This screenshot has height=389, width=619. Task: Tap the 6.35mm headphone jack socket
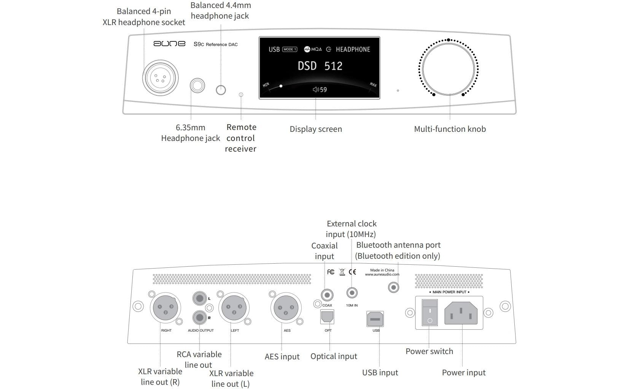[x=197, y=85]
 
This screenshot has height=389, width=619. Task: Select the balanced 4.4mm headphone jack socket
[x=221, y=90]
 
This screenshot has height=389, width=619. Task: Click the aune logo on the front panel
[x=169, y=44]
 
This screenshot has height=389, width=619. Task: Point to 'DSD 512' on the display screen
[x=320, y=66]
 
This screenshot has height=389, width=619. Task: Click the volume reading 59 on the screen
[x=320, y=90]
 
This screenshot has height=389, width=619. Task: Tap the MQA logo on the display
[x=313, y=49]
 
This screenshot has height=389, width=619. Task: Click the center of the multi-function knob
[x=449, y=68]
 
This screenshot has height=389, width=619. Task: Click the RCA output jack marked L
[x=199, y=298]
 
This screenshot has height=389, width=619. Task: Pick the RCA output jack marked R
[x=199, y=317]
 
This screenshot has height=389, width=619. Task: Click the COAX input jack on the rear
[x=327, y=295]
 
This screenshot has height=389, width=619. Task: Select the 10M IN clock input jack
[x=352, y=293]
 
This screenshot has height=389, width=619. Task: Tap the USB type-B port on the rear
[x=375, y=319]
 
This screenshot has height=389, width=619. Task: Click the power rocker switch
[x=430, y=313]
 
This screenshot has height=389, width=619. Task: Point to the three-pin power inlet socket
[x=461, y=313]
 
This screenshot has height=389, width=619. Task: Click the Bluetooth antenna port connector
[x=393, y=287]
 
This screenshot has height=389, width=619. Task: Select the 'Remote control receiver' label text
[x=241, y=138]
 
